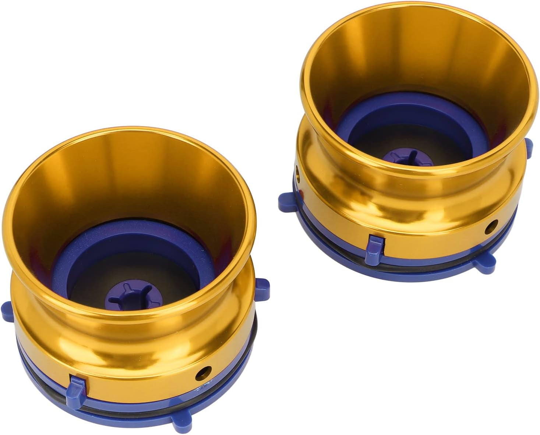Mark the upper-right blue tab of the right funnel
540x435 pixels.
click(529, 145)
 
